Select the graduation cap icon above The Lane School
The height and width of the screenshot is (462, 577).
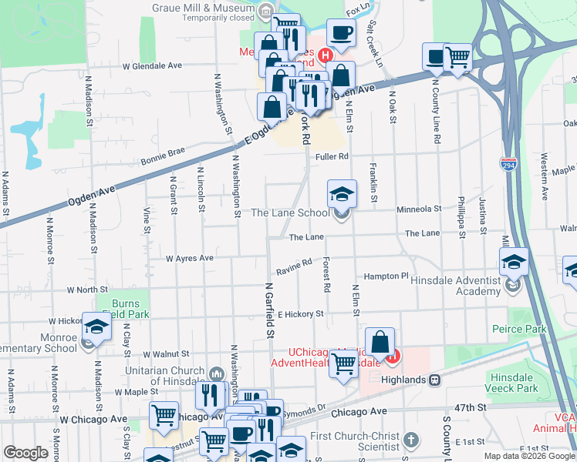342,193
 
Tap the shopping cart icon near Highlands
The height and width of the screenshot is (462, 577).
344,363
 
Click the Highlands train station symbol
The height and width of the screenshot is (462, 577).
435,380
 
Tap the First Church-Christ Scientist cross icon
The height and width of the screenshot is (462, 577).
412,440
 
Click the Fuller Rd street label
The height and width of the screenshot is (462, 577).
332,157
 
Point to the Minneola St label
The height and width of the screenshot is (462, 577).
418,209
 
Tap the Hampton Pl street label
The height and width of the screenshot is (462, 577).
386,276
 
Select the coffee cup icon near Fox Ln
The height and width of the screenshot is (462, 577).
341,33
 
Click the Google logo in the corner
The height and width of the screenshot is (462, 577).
26,453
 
